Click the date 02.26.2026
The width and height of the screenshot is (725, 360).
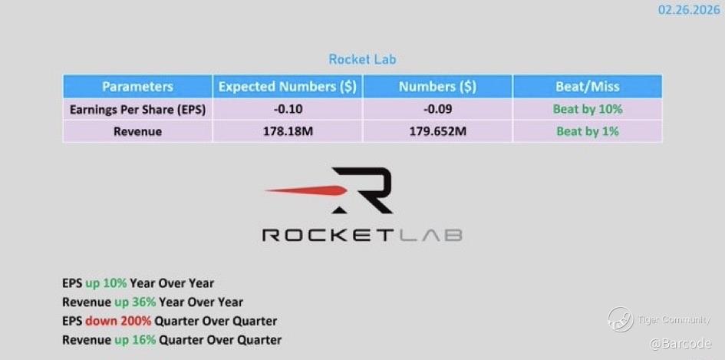[689, 10]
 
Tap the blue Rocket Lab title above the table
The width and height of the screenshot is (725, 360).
[362, 59]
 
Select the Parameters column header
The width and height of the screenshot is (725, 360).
[137, 87]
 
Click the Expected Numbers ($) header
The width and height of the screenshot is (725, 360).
[287, 87]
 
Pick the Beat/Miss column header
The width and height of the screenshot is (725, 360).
[588, 87]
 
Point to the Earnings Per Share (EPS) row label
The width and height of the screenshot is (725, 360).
[137, 110]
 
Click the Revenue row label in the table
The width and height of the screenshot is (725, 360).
[137, 131]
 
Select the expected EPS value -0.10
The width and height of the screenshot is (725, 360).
[288, 109]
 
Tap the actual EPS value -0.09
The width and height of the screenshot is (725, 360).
[437, 109]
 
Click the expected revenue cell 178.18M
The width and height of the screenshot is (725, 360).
[288, 131]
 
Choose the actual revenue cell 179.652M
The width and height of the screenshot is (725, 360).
[437, 131]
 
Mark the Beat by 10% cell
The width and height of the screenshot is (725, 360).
[588, 109]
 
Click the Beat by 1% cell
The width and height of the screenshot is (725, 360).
[588, 131]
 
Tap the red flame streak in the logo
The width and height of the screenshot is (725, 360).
[306, 190]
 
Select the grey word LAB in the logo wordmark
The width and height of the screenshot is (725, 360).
[430, 235]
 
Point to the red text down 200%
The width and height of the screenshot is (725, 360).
[118, 321]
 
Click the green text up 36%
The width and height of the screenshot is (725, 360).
[134, 302]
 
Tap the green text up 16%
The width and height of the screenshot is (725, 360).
[134, 339]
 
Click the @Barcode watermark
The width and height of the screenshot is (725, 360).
[681, 343]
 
